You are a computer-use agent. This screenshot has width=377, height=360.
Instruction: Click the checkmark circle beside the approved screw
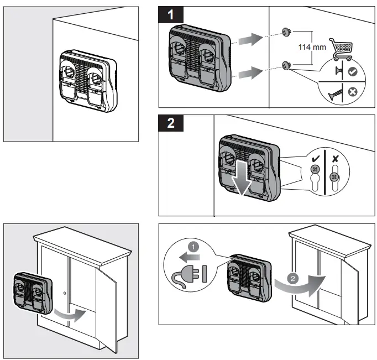point(352,72)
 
